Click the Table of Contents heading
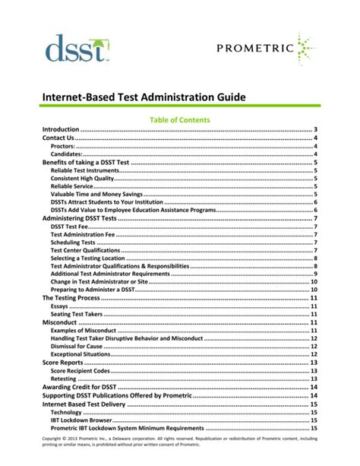179,120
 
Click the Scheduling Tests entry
73,243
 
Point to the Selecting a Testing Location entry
88,258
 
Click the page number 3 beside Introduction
315,131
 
